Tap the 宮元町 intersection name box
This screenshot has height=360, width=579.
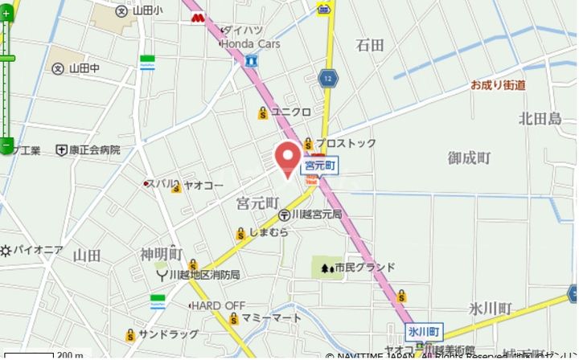pyautogui.click(x=319, y=166)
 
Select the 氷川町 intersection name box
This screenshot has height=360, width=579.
pyautogui.click(x=424, y=331)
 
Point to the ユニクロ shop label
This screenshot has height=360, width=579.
pyautogui.click(x=290, y=112)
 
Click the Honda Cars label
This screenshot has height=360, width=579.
pyautogui.click(x=250, y=44)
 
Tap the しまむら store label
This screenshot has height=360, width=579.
pyautogui.click(x=268, y=233)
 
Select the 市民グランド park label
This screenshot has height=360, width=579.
pyautogui.click(x=365, y=267)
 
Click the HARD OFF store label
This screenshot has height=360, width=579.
pyautogui.click(x=218, y=305)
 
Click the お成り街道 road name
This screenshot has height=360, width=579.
pyautogui.click(x=498, y=84)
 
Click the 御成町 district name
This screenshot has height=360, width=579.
pyautogui.click(x=469, y=158)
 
